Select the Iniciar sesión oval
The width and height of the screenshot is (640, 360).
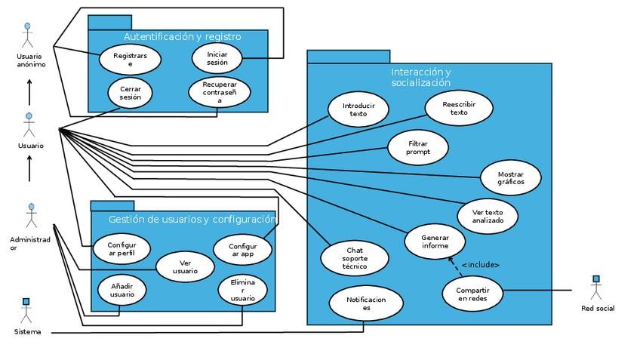click(x=217, y=58)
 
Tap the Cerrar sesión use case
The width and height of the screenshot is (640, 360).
click(x=130, y=93)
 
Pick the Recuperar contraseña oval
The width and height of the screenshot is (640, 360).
click(x=220, y=92)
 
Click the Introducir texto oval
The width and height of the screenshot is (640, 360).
click(x=358, y=109)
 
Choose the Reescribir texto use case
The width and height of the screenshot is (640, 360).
click(x=459, y=108)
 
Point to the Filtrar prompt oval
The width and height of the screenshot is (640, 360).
click(x=417, y=147)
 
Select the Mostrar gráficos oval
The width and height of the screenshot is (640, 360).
click(x=510, y=178)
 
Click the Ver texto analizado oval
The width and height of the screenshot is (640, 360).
click(x=488, y=215)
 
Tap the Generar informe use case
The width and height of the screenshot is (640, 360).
click(x=434, y=241)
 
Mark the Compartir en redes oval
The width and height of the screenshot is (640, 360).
click(x=472, y=294)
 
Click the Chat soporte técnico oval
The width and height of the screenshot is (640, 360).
click(x=355, y=257)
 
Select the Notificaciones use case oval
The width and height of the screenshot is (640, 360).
click(x=366, y=303)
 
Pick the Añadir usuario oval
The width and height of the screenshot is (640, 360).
click(x=122, y=290)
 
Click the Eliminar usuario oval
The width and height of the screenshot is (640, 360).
click(x=242, y=290)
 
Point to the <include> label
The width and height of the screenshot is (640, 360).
click(x=480, y=265)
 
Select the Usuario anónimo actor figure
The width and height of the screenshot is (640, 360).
click(x=29, y=35)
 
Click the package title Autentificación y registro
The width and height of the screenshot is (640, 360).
click(x=182, y=36)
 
